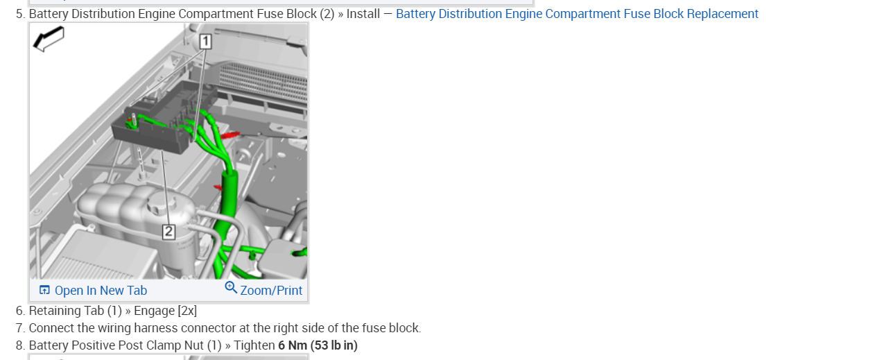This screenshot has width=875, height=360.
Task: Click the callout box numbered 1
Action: (x=205, y=42)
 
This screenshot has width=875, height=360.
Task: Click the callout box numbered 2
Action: (x=168, y=232)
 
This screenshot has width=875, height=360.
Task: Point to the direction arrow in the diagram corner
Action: (x=49, y=39)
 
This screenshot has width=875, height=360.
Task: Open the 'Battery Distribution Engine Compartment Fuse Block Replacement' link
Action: (x=577, y=14)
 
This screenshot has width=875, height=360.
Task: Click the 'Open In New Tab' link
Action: (x=101, y=291)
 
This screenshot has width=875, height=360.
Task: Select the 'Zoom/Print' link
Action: (x=271, y=291)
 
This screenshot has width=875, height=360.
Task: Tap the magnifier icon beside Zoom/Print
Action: (x=231, y=288)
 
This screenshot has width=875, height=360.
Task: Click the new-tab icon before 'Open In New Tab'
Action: (x=44, y=290)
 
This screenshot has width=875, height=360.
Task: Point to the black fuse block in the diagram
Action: (x=156, y=125)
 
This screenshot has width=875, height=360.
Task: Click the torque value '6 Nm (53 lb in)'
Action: (x=318, y=345)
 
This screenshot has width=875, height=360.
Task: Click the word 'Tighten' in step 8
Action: (x=254, y=345)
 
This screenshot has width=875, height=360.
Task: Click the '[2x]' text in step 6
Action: (x=187, y=311)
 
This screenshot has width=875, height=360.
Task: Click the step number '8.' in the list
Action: (x=20, y=345)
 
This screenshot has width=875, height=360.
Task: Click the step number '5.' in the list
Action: (x=20, y=14)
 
